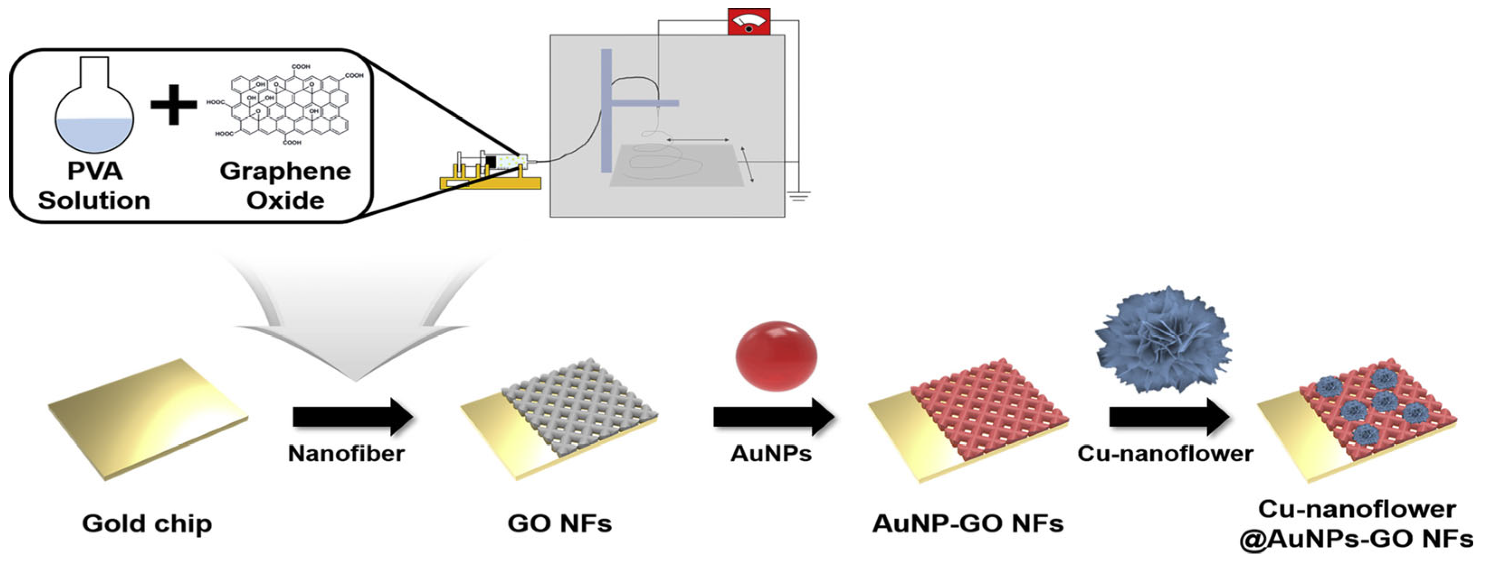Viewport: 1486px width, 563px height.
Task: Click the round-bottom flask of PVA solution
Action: coord(94,115)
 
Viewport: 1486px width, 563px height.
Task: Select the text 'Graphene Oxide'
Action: coord(285,186)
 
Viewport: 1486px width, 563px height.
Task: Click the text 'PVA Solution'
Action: coord(94,186)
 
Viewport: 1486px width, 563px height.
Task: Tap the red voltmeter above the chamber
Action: coord(749,22)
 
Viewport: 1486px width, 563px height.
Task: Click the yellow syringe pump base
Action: coord(490,182)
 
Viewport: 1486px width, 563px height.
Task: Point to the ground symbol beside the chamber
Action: coord(799,196)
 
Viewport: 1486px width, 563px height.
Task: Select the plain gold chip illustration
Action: coord(147,418)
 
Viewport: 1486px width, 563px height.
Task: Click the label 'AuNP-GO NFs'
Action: coord(968,524)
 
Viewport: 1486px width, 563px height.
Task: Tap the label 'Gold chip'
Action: coord(147,524)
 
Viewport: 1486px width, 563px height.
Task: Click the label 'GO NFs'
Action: coord(559,524)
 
